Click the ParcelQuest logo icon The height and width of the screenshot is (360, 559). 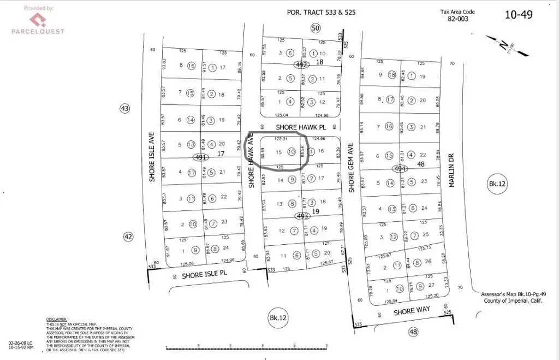[37, 20]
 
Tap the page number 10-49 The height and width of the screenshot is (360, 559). [518, 15]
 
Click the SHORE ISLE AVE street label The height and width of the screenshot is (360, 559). [152, 157]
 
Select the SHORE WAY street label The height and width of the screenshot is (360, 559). [412, 310]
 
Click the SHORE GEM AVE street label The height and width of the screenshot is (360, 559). [352, 167]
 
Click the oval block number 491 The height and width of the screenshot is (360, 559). [200, 157]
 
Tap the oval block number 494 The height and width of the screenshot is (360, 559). [400, 169]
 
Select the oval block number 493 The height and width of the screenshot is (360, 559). [302, 216]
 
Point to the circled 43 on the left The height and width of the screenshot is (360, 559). [125, 109]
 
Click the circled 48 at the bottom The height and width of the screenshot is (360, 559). [413, 331]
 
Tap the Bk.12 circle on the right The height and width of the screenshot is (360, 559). [497, 184]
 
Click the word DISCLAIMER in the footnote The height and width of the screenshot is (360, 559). [56, 318]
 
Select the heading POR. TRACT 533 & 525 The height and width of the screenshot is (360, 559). [321, 12]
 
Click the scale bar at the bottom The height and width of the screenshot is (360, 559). [249, 347]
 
